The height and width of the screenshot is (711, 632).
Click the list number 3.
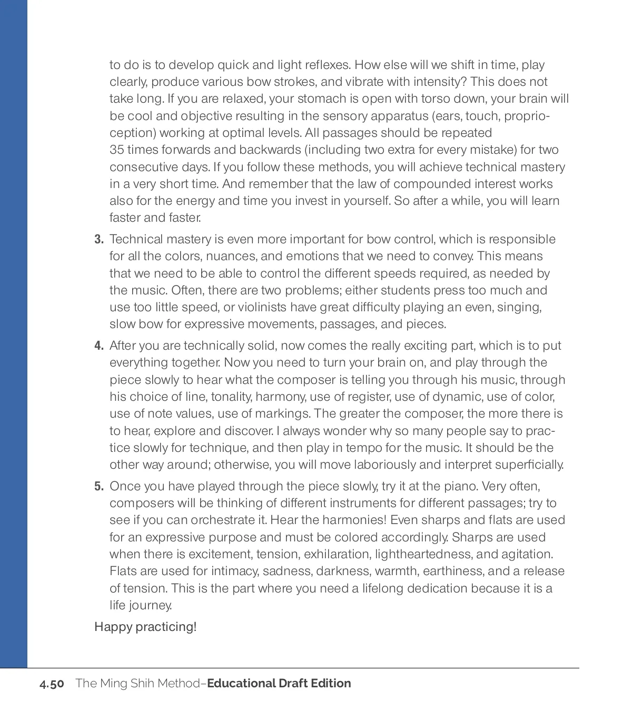coord(99,240)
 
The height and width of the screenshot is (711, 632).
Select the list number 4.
coord(99,346)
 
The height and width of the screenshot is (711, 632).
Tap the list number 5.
coord(99,486)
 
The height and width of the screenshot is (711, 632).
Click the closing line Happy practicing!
coord(145,627)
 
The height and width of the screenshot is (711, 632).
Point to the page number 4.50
coord(52,684)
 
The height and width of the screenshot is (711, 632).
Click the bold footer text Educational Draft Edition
coord(279,683)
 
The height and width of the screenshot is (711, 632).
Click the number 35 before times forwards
coord(116,150)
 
